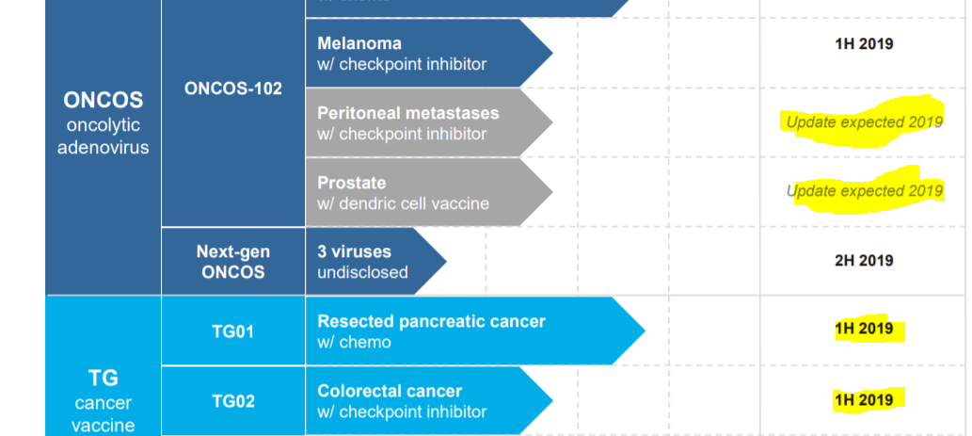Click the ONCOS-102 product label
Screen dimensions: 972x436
click(x=233, y=89)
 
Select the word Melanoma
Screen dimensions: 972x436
click(x=359, y=43)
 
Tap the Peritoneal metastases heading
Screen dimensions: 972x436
click(x=407, y=114)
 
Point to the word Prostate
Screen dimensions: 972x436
click(x=352, y=183)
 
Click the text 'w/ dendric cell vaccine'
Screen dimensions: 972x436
click(x=403, y=203)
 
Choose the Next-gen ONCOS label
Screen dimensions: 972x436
click(x=233, y=262)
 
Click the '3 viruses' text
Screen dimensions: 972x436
click(x=355, y=251)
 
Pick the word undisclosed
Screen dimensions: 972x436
click(x=362, y=272)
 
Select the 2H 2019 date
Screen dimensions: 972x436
click(x=864, y=261)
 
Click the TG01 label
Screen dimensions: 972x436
click(x=233, y=331)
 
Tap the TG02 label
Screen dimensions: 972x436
click(x=233, y=401)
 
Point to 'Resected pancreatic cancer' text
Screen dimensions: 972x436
click(x=432, y=321)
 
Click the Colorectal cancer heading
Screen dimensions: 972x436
click(x=390, y=392)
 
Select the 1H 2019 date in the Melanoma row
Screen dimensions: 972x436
click(x=864, y=44)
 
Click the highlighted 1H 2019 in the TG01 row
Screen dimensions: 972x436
click(x=864, y=329)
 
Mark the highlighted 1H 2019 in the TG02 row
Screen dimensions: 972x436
click(x=864, y=399)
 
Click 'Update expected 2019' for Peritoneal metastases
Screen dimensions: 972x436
click(x=864, y=122)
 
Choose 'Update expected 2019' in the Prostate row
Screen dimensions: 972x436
click(x=864, y=190)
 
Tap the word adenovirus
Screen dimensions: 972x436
click(x=103, y=148)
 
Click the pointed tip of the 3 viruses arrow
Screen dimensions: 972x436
click(x=446, y=261)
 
